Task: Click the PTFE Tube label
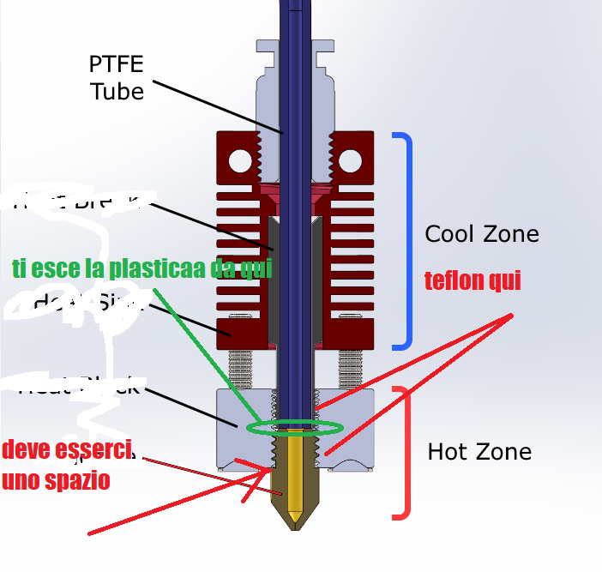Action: (x=117, y=77)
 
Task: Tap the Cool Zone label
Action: (x=482, y=233)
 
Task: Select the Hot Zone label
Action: (x=479, y=451)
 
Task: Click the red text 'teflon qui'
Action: (x=473, y=280)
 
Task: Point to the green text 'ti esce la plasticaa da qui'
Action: (x=142, y=268)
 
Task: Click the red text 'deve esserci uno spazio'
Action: (x=66, y=465)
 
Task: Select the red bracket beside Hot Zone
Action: (x=404, y=452)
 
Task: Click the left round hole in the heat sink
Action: (x=240, y=160)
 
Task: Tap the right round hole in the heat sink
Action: (x=350, y=160)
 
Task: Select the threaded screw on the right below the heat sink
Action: (x=351, y=369)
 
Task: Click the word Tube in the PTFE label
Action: (x=117, y=90)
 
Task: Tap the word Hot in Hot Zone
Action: (x=446, y=451)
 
